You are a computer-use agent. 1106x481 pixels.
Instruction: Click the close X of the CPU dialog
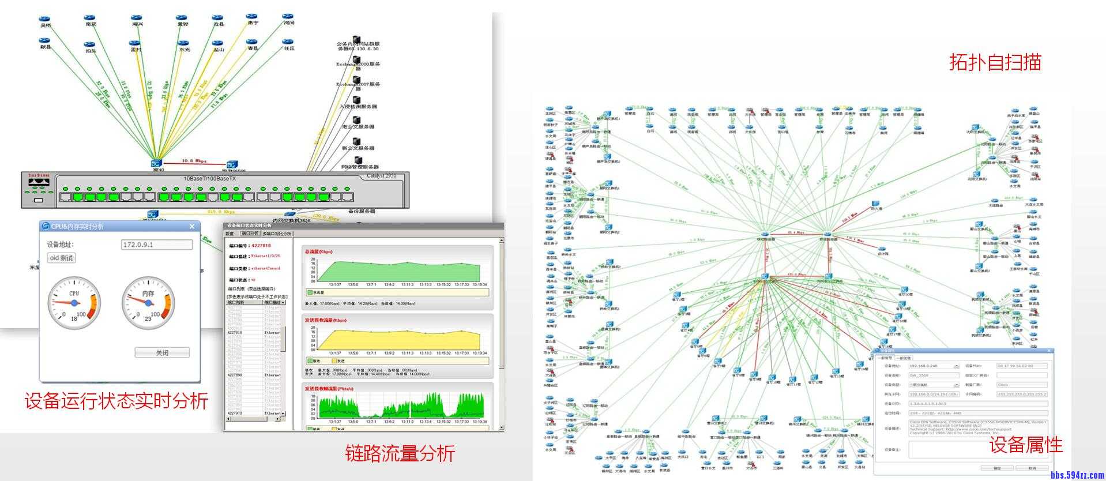point(192,227)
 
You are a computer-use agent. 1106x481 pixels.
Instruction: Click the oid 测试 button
point(61,258)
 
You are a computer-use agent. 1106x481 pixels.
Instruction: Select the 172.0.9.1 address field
point(156,245)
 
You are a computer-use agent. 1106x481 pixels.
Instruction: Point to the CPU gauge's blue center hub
point(74,303)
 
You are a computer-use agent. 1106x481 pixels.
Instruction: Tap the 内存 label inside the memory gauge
point(148,294)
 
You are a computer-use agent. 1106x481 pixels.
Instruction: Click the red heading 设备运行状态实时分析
point(116,400)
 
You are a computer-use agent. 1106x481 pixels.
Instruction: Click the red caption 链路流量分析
point(400,453)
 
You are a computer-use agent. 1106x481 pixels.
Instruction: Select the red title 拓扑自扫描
point(995,62)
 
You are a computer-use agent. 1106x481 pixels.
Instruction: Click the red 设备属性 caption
point(1026,445)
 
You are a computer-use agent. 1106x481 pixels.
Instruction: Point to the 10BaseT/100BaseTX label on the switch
point(209,179)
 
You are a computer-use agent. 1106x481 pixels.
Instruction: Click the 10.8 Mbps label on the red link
point(194,161)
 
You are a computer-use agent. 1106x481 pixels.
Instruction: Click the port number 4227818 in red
point(261,246)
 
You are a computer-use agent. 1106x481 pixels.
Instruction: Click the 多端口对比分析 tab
point(277,234)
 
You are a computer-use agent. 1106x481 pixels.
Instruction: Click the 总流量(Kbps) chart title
point(318,251)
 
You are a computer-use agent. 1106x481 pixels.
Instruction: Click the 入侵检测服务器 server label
point(358,107)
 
